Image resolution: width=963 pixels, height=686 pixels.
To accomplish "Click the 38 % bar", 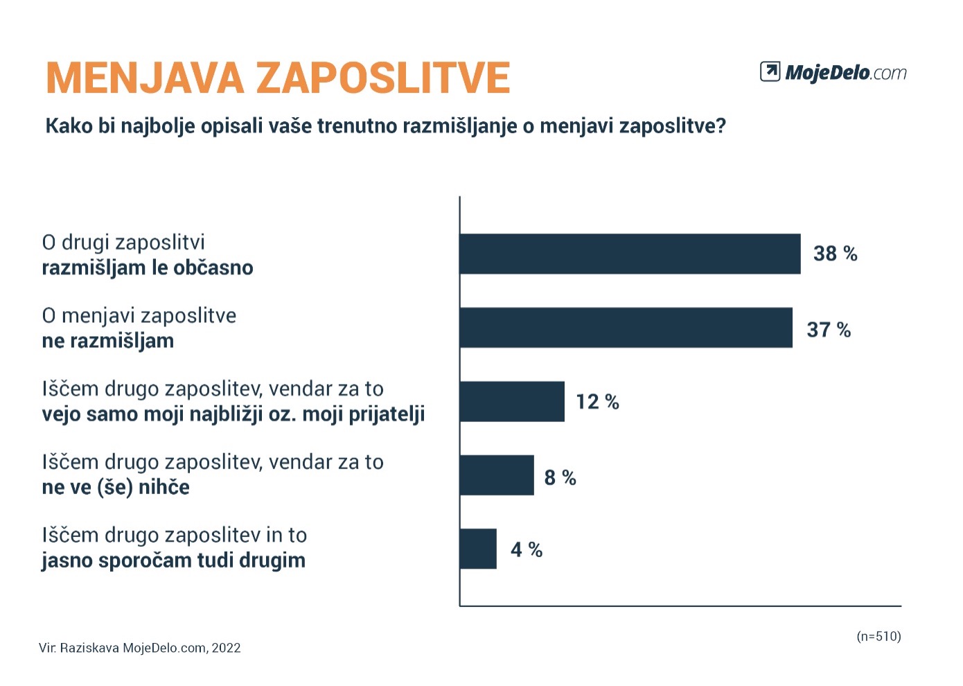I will [630, 254].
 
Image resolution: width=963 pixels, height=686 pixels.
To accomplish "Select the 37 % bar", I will [626, 328].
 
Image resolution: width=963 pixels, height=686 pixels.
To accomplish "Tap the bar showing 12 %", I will [512, 401].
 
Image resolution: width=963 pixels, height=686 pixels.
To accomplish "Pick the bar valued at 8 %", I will [497, 475].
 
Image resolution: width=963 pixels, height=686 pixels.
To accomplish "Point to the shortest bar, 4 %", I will [478, 549].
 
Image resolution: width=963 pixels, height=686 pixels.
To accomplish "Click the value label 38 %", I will [835, 254].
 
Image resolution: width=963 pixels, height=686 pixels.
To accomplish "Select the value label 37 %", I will [829, 330].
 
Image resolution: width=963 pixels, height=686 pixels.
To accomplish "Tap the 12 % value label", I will [597, 402].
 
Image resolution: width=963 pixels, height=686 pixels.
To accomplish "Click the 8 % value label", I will [560, 477].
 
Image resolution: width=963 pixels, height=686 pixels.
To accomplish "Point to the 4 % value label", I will [526, 549].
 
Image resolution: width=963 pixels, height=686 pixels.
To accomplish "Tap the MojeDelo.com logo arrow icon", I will [770, 71].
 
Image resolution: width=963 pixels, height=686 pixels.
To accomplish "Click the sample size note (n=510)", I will [878, 636].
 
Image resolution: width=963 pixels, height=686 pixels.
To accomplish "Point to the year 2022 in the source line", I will [227, 649].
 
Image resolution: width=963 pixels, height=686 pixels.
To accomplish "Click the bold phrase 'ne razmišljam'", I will [108, 341].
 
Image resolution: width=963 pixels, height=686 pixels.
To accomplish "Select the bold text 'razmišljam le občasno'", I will [148, 267].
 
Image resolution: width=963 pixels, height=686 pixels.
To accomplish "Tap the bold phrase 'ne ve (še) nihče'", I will [116, 487].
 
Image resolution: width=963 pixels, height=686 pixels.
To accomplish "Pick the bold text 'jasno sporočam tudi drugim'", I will [173, 561].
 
